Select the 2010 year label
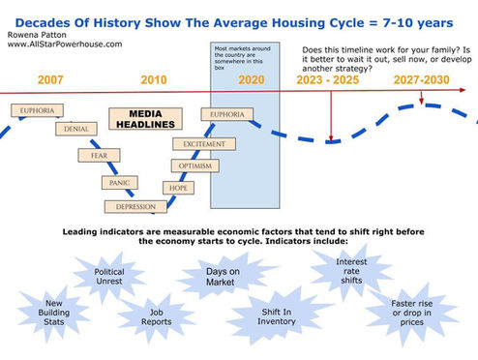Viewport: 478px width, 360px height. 154,80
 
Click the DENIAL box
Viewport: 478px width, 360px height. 76,130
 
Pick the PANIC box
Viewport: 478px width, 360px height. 118,183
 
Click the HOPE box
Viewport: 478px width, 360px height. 178,188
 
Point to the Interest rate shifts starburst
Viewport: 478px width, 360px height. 351,274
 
